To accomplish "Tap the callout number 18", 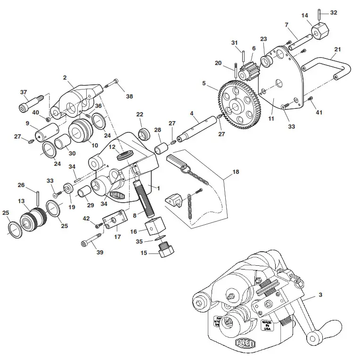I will point(236,172).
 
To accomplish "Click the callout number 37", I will point(23,92).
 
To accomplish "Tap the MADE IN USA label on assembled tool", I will point(267,326).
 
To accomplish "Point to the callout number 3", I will point(320,295).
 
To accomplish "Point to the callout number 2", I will point(65,77).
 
